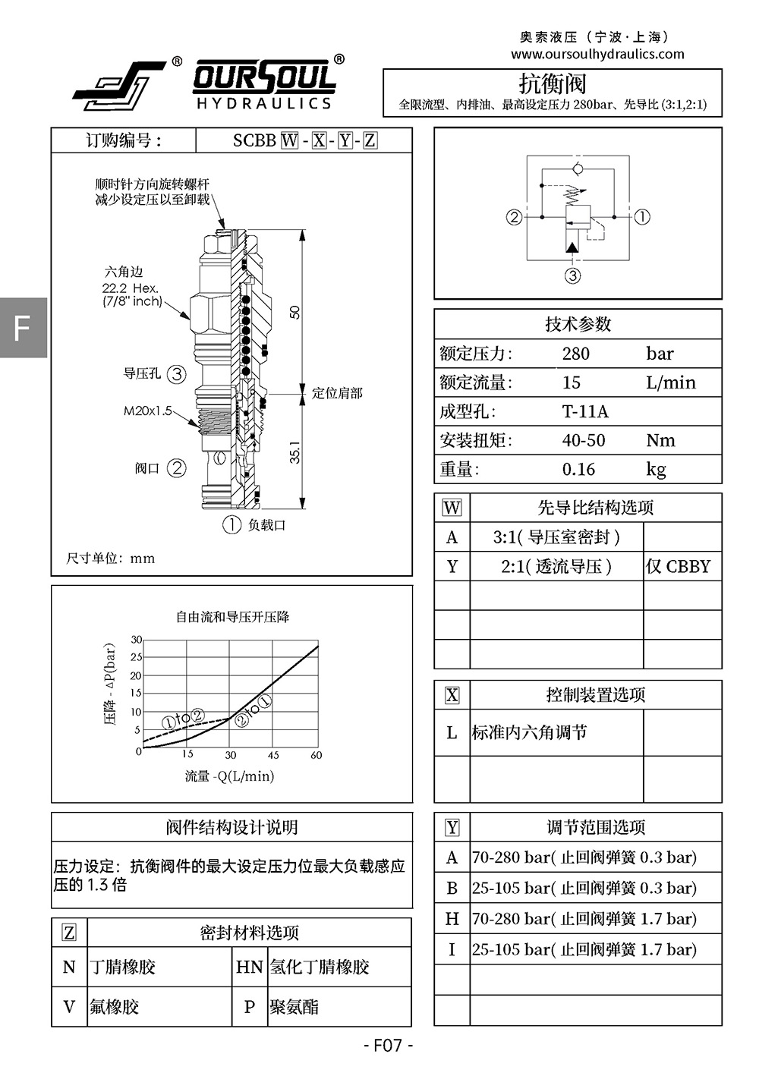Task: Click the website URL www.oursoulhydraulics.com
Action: (x=597, y=54)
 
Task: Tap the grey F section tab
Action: (x=23, y=327)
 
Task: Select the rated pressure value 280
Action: (x=576, y=354)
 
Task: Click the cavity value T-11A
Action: (x=585, y=411)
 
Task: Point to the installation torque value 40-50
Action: (x=584, y=440)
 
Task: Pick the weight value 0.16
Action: (x=578, y=469)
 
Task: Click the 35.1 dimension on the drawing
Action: (x=295, y=452)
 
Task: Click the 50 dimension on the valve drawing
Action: (x=295, y=312)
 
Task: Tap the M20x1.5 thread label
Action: (x=147, y=411)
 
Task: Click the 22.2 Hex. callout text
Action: (x=131, y=288)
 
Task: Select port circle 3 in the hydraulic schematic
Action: (x=572, y=276)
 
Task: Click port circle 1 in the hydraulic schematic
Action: (x=642, y=217)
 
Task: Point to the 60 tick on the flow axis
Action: (x=317, y=755)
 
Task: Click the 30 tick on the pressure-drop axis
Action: (x=137, y=640)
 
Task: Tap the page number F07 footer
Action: (x=388, y=1046)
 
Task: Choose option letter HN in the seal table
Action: (x=250, y=967)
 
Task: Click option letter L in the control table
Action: (x=452, y=732)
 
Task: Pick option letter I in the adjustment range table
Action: (x=452, y=949)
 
